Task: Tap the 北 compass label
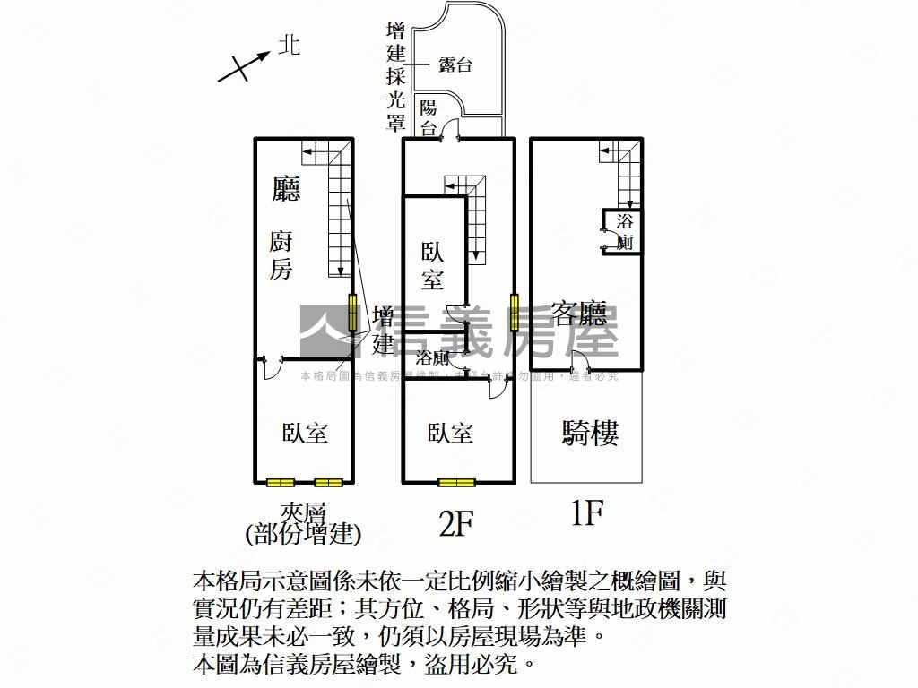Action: click(x=288, y=45)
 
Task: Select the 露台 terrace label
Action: click(x=455, y=64)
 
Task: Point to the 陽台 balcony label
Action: click(x=429, y=117)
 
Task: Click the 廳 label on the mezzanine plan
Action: click(x=286, y=187)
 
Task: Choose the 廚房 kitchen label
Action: click(x=281, y=254)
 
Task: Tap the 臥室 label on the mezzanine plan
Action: click(x=305, y=433)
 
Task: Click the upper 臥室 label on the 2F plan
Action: click(x=433, y=265)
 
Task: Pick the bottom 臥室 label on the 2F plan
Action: click(x=450, y=433)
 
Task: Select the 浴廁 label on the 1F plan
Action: click(x=625, y=231)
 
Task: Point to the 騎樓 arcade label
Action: click(x=590, y=434)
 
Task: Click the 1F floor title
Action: click(x=586, y=513)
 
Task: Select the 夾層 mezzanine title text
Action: click(x=302, y=512)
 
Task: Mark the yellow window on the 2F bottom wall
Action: click(x=456, y=483)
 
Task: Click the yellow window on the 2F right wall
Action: click(x=515, y=312)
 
